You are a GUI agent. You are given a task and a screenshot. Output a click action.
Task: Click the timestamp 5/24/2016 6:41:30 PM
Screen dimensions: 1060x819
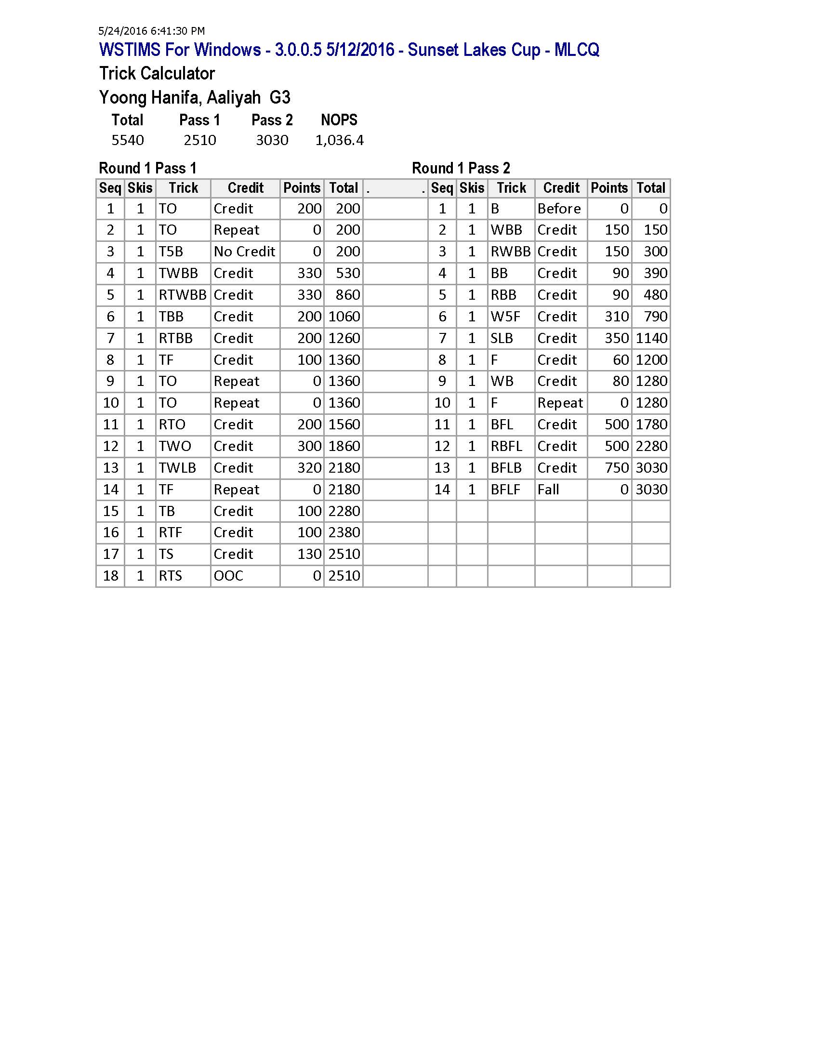[151, 31]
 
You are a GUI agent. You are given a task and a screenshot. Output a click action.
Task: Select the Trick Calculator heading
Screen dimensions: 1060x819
[157, 74]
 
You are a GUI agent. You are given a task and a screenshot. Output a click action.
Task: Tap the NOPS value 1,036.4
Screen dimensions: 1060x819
[339, 140]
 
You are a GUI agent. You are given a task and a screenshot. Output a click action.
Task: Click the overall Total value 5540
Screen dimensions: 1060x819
[128, 140]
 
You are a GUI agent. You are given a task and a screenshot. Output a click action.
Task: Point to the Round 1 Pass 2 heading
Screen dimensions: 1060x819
[461, 169]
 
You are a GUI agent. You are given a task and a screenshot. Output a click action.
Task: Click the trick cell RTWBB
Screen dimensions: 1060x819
[183, 295]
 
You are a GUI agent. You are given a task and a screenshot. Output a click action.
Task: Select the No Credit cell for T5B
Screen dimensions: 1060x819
[244, 252]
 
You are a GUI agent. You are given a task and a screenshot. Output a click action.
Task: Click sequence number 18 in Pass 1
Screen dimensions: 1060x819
[111, 576]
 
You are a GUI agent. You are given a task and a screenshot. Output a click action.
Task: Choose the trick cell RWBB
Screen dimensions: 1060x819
[510, 252]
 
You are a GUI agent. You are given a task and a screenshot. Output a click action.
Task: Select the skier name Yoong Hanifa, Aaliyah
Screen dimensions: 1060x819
[180, 98]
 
